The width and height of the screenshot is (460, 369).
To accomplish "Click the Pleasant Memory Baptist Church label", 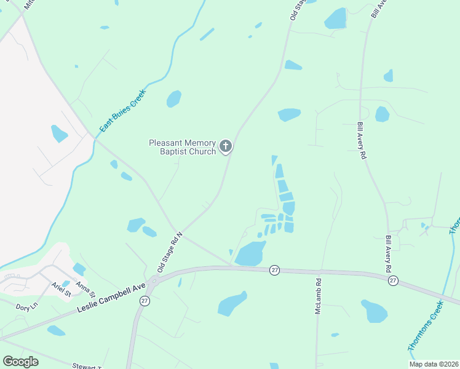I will (183, 147).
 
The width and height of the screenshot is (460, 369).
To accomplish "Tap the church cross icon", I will (226, 146).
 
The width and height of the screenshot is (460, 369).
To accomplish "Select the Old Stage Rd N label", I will (170, 252).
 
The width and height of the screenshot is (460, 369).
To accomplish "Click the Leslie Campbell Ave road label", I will (111, 298).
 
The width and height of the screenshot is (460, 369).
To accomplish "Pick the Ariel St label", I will (61, 289).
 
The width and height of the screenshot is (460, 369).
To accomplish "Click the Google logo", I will (20, 361).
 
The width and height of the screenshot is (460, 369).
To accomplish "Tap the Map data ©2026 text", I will (433, 364).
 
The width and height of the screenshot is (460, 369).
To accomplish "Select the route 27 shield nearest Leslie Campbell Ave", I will (145, 301).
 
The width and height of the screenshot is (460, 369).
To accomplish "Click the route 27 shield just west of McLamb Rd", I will (275, 269).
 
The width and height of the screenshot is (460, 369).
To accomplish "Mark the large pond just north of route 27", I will (250, 253).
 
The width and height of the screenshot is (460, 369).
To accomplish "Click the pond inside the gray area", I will (59, 133).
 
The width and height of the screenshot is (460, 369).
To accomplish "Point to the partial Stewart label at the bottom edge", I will (87, 367).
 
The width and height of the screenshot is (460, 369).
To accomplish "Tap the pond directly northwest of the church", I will (174, 98).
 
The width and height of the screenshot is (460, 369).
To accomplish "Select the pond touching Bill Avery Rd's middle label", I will (382, 114).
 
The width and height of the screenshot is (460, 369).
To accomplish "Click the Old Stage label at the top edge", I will (298, 10).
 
